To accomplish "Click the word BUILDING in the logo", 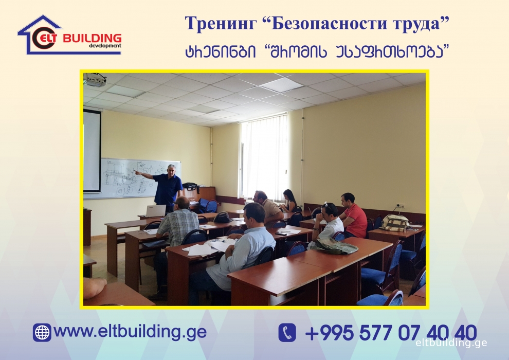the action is click(x=92, y=38).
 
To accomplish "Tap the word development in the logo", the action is click(x=105, y=46).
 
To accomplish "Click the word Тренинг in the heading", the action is click(x=221, y=24).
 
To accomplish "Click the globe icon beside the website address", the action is click(x=42, y=332).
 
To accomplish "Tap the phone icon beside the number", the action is click(x=287, y=332).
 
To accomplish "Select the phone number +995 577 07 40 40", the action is click(x=391, y=332).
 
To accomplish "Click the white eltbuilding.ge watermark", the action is click(x=451, y=343).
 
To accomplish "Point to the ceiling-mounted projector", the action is click(x=95, y=79).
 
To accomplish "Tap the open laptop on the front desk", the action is click(x=155, y=211).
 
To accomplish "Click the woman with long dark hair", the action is click(x=289, y=201).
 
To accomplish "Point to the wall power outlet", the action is click(x=399, y=206).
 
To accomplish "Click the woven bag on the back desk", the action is click(x=395, y=223).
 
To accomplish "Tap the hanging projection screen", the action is click(x=92, y=151).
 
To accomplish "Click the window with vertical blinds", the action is click(x=264, y=156).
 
